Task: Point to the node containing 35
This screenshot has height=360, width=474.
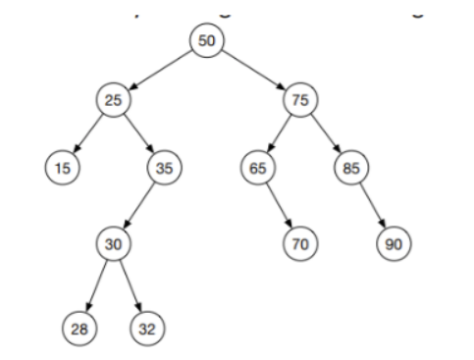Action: pyautogui.click(x=161, y=167)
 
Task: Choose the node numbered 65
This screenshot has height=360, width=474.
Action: pyautogui.click(x=257, y=167)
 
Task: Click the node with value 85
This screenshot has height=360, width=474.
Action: pyautogui.click(x=348, y=167)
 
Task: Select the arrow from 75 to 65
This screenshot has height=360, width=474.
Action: pyautogui.click(x=278, y=132)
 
